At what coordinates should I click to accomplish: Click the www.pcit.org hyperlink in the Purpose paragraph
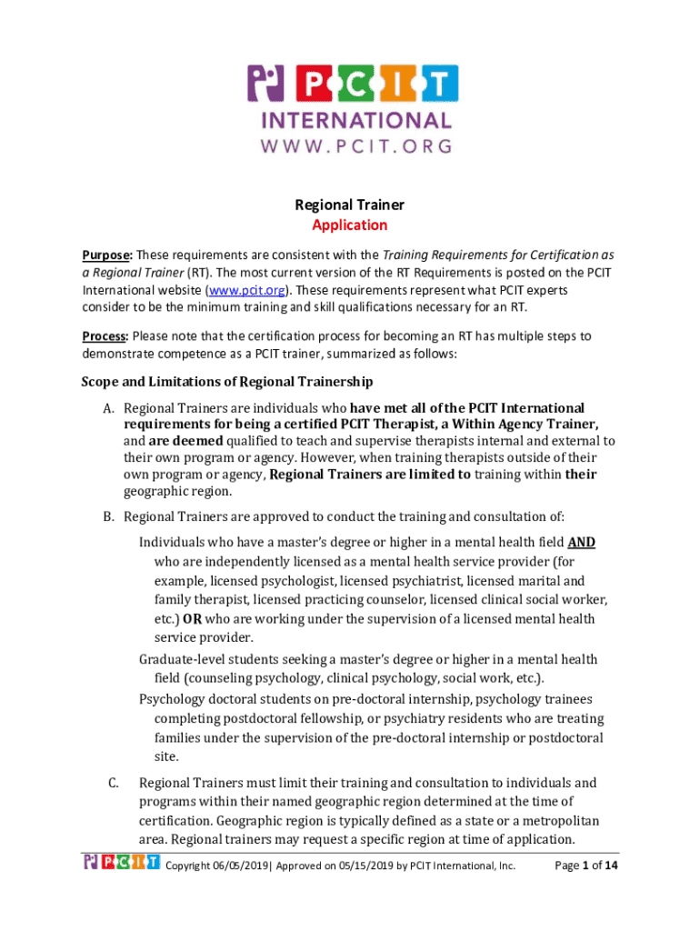point(248,290)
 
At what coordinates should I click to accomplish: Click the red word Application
point(350,225)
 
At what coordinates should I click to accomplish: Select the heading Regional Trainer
point(350,205)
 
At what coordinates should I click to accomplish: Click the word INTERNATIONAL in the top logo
point(356,121)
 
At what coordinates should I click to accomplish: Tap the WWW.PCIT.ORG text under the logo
point(356,145)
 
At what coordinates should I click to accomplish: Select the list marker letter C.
point(112,782)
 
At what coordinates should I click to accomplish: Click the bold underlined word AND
point(582,543)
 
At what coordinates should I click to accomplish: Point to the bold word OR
point(192,619)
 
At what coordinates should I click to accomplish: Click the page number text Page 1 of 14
point(586,866)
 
